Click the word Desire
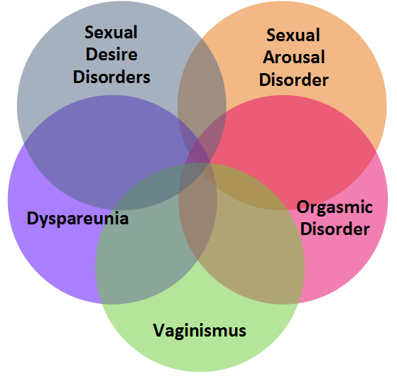pyautogui.click(x=112, y=55)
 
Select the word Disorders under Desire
pyautogui.click(x=112, y=77)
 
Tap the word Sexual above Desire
pyautogui.click(x=111, y=32)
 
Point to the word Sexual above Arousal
pyautogui.click(x=293, y=35)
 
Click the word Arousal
pyautogui.click(x=294, y=57)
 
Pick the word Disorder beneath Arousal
pyautogui.click(x=294, y=80)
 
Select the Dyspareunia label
pyautogui.click(x=77, y=219)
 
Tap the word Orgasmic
pyautogui.click(x=335, y=207)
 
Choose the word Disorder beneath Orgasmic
pyautogui.click(x=335, y=229)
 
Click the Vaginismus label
pyautogui.click(x=200, y=331)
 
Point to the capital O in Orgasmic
pyautogui.click(x=303, y=207)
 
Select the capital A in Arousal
pyautogui.click(x=269, y=57)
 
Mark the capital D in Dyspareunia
pyautogui.click(x=33, y=218)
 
